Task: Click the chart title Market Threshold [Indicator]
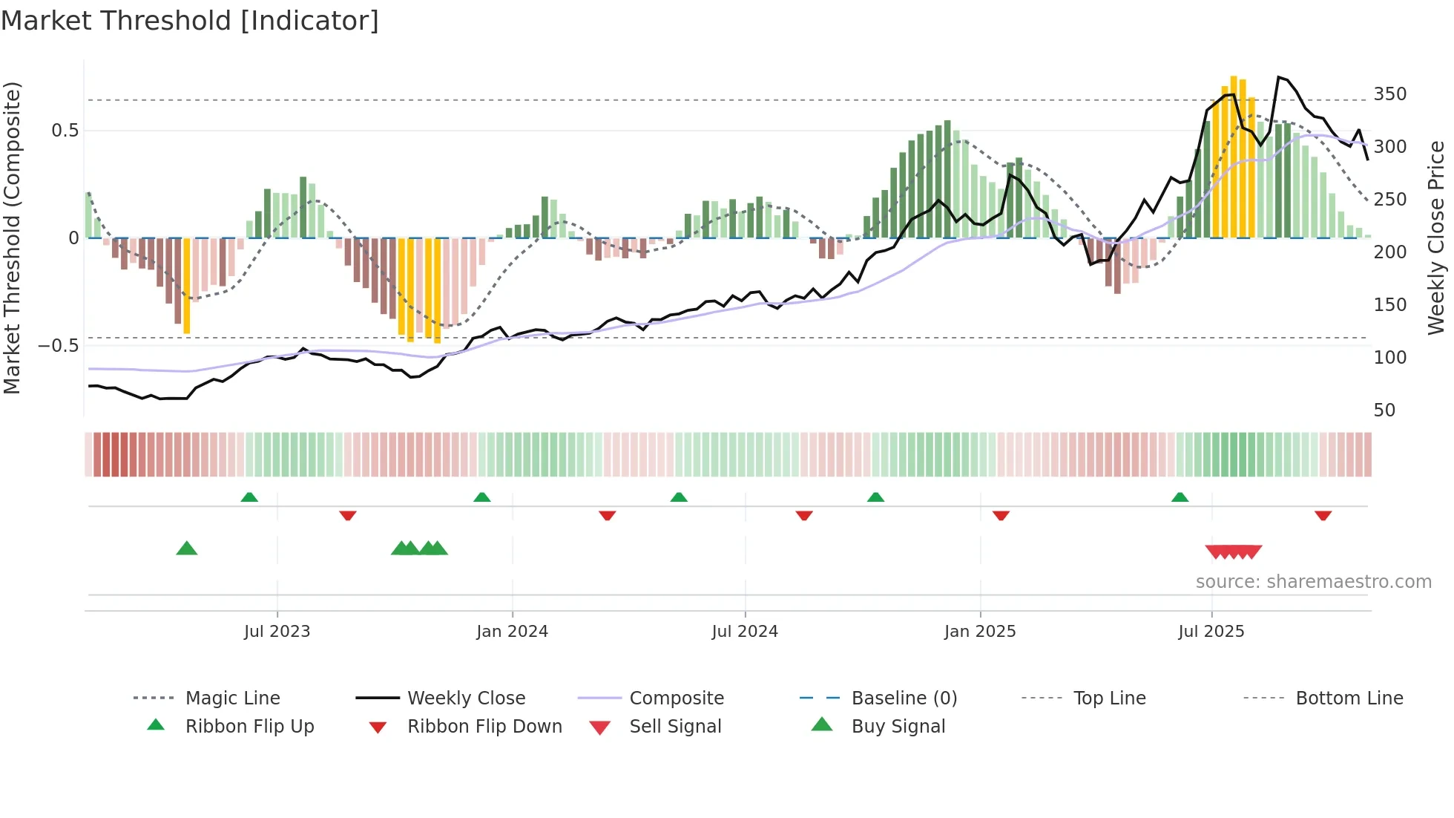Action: click(190, 21)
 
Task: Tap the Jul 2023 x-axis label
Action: click(277, 632)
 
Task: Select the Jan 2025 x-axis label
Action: click(979, 632)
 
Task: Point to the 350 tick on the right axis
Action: click(1389, 94)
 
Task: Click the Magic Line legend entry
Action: click(232, 698)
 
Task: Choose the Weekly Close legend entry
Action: click(466, 698)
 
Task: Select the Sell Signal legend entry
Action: click(675, 727)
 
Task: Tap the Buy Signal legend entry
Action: click(898, 727)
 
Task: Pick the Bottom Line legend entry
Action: click(1349, 698)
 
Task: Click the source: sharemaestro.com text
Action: click(1313, 582)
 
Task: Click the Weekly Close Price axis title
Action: click(1436, 238)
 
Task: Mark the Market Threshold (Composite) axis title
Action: click(12, 238)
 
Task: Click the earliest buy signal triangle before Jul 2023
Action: click(187, 549)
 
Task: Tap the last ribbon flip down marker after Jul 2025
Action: click(1323, 515)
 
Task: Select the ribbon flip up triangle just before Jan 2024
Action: click(482, 497)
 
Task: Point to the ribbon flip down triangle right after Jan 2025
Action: click(1001, 515)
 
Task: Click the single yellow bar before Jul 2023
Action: click(187, 286)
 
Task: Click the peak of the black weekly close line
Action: click(1278, 77)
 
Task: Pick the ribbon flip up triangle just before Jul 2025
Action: click(1180, 497)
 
